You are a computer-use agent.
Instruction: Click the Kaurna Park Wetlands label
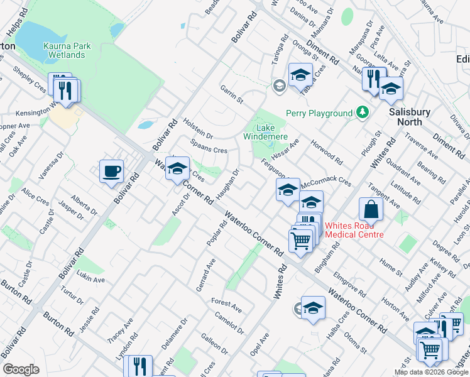[65, 50]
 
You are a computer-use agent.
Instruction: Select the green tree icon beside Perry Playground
[362, 112]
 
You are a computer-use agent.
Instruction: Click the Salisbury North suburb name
[409, 117]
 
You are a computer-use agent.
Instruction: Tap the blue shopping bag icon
[371, 209]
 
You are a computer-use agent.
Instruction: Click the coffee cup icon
[111, 171]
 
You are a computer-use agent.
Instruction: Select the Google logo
[21, 369]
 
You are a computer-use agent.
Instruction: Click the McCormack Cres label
[327, 182]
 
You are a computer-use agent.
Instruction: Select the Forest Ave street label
[226, 306]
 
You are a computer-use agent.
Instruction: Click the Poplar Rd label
[212, 234]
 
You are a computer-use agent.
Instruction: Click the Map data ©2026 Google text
[432, 372]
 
